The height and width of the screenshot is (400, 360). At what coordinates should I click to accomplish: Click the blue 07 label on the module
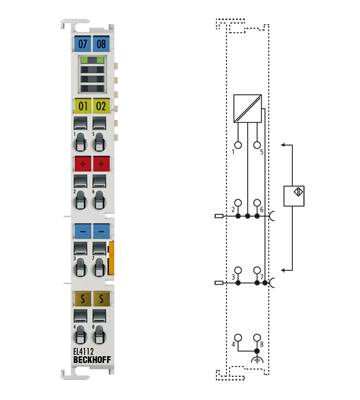[x=82, y=45]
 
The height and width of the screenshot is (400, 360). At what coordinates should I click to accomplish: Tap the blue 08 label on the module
[x=101, y=45]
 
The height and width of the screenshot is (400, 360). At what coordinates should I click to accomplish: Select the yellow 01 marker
[x=82, y=105]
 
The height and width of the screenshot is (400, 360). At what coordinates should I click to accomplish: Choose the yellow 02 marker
[x=101, y=105]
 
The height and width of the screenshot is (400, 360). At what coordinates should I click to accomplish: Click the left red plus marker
[x=82, y=163]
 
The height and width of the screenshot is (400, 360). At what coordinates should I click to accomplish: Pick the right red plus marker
[x=101, y=163]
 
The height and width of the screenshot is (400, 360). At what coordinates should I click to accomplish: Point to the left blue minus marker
[x=82, y=230]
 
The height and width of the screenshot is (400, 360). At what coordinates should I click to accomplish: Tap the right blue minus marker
[x=101, y=230]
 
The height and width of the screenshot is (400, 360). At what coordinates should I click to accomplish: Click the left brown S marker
[x=82, y=297]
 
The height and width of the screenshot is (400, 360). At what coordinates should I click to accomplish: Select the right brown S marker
[x=101, y=297]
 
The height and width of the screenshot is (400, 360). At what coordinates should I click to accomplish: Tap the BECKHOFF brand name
[x=92, y=361]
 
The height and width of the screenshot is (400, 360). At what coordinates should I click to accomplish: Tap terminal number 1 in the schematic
[x=233, y=151]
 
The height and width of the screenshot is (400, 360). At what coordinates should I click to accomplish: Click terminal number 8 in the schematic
[x=259, y=343]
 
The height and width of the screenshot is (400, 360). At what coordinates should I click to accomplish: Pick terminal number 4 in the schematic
[x=233, y=343]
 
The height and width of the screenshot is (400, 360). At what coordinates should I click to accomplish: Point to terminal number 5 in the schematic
[x=261, y=151]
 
